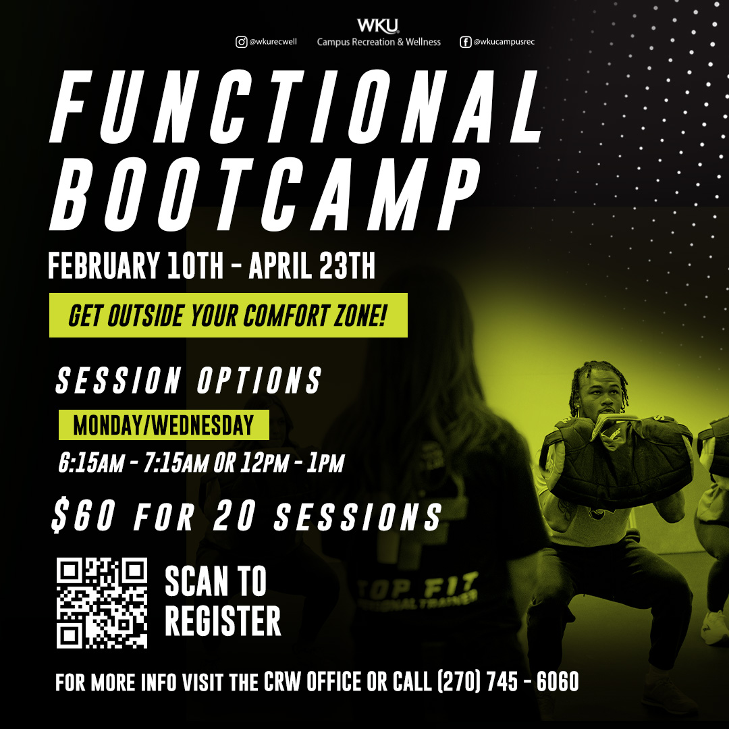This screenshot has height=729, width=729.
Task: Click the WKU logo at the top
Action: coord(378,26)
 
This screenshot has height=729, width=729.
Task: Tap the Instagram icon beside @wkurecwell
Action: coord(241,42)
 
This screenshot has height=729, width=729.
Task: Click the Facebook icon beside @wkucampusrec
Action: coord(465,42)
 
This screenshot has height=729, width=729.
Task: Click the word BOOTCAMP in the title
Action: coord(265,194)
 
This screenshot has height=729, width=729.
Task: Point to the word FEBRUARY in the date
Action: coord(103,265)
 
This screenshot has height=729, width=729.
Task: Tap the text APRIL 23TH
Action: coord(312,265)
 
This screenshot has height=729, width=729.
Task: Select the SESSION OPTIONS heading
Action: coord(189,380)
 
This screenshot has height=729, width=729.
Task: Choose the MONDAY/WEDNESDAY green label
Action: coord(163,425)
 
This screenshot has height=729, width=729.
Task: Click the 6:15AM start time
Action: coord(91,462)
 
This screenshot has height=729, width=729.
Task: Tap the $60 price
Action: coord(84,516)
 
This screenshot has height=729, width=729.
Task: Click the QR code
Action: coord(102,603)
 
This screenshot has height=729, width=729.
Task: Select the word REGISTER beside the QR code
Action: coord(223,621)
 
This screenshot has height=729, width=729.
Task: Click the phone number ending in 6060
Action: coord(508,682)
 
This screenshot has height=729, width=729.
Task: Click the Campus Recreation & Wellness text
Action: coord(379,42)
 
